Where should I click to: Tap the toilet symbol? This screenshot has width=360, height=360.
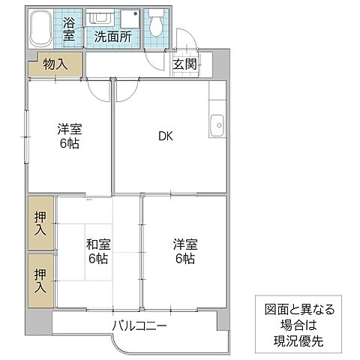point(157,25)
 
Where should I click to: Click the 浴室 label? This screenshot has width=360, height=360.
point(69,28)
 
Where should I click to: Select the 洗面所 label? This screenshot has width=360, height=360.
point(112,35)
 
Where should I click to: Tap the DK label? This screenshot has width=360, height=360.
point(166,136)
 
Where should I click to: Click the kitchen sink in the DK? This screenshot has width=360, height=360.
point(217,123)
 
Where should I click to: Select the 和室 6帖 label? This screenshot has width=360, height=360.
point(97,251)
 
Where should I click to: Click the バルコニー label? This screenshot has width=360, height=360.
point(140,326)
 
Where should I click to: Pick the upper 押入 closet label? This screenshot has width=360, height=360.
point(40,223)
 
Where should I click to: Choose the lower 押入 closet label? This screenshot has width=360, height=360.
point(40,280)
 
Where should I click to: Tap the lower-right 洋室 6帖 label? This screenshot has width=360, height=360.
point(184,251)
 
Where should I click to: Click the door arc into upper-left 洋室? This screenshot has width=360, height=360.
point(97,88)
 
